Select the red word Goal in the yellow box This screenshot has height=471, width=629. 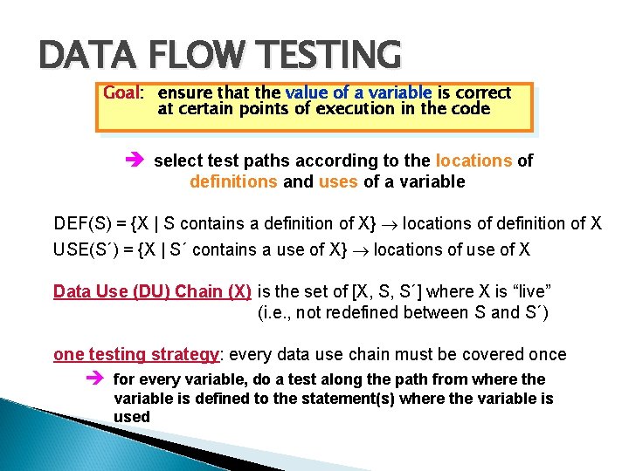pyautogui.click(x=121, y=92)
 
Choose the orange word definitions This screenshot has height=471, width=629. pyautogui.click(x=231, y=182)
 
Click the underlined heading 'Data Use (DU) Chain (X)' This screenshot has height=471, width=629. pyautogui.click(x=152, y=291)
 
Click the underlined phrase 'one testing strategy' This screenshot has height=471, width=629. pyautogui.click(x=135, y=354)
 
